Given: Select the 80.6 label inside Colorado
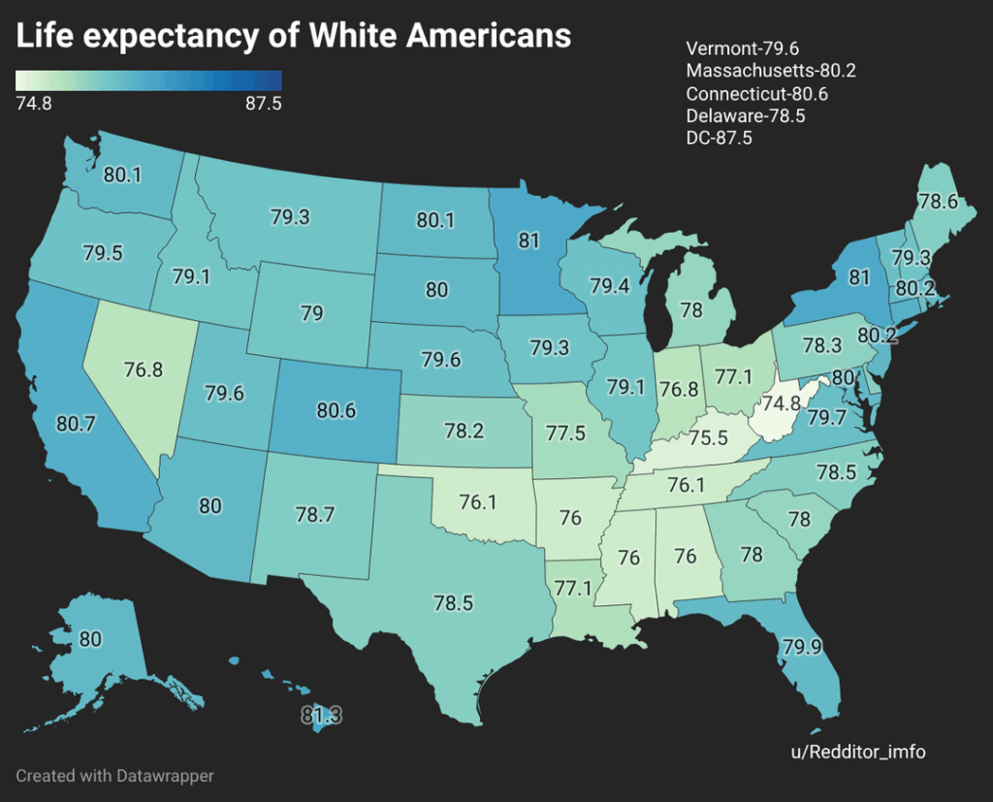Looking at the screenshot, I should pyautogui.click(x=336, y=410).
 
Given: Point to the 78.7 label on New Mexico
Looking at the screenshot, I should pyautogui.click(x=316, y=515).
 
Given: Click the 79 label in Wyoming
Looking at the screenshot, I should pyautogui.click(x=311, y=314).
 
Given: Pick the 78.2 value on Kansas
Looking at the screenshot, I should pyautogui.click(x=463, y=431).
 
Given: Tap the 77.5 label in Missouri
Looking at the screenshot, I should pyautogui.click(x=565, y=433).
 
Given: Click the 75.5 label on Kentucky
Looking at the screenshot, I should pyautogui.click(x=708, y=437).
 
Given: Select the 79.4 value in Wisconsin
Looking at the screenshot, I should pyautogui.click(x=610, y=286).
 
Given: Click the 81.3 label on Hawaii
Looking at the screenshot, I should pyautogui.click(x=321, y=717).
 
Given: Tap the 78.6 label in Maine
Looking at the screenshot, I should pyautogui.click(x=938, y=202).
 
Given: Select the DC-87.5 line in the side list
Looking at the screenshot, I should pyautogui.click(x=720, y=138).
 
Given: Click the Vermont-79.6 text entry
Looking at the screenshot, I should pyautogui.click(x=742, y=48).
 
